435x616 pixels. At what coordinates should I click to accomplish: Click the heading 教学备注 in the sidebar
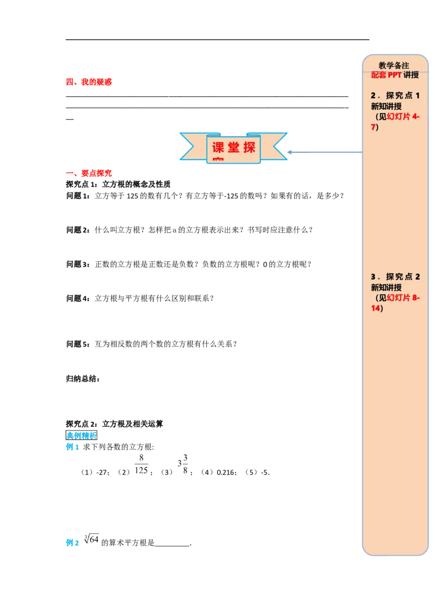click(x=394, y=66)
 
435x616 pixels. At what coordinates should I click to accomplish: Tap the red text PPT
click(x=395, y=75)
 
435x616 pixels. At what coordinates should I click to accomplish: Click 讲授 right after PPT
click(x=411, y=75)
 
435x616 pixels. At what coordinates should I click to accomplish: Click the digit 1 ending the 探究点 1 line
click(x=418, y=96)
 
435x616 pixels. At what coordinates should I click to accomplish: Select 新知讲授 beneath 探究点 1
click(x=386, y=106)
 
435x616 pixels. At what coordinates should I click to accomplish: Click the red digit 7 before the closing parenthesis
click(x=373, y=127)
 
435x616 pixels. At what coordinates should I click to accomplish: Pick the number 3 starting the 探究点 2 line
click(x=373, y=276)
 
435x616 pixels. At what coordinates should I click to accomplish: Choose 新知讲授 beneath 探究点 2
click(x=386, y=287)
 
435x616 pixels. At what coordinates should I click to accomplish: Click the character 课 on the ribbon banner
click(x=218, y=147)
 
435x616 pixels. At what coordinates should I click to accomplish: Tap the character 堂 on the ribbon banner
click(x=234, y=147)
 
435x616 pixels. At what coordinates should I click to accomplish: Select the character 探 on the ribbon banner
click(x=250, y=147)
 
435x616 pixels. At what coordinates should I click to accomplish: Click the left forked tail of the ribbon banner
click(x=189, y=146)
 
